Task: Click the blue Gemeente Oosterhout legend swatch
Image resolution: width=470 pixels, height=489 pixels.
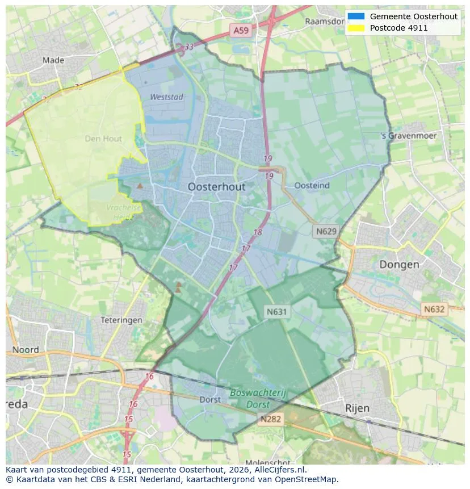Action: [356, 16]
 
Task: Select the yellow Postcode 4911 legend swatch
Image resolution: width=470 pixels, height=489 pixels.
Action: [356, 28]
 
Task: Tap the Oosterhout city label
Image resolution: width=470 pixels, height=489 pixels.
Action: [216, 187]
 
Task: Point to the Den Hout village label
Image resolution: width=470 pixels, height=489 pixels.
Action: [103, 138]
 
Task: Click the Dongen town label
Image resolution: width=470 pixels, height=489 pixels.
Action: [399, 264]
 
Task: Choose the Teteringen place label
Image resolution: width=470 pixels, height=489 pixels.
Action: [121, 320]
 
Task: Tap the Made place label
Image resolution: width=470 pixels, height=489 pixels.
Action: [53, 60]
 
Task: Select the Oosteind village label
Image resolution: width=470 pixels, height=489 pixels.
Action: [312, 185]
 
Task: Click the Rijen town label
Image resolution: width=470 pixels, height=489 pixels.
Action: [357, 408]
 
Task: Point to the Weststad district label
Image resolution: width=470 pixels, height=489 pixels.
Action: [166, 97]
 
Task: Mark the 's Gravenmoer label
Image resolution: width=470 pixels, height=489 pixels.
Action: [409, 136]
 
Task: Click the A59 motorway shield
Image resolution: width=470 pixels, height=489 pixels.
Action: [240, 31]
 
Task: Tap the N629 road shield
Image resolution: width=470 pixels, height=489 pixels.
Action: [326, 231]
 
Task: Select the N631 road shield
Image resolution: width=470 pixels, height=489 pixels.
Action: [277, 311]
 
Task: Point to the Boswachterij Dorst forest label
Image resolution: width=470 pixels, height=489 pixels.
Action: [258, 399]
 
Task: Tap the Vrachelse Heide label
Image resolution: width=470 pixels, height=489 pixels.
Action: [124, 211]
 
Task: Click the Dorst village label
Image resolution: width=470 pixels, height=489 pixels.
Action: [210, 399]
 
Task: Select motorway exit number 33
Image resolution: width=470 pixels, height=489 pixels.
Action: [189, 47]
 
